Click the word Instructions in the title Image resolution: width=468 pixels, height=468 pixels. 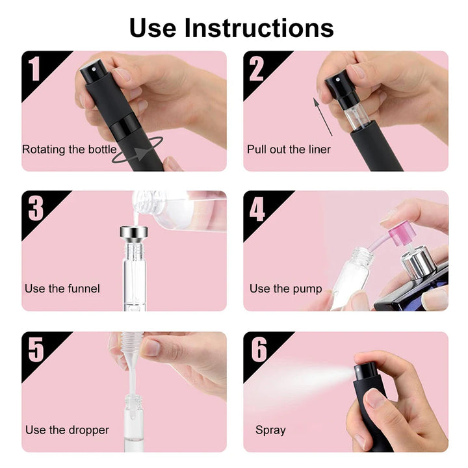coord(259,28)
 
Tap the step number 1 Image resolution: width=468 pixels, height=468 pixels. coord(34,69)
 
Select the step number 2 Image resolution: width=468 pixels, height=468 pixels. coord(257,69)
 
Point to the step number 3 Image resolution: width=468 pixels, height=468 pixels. coord(36,209)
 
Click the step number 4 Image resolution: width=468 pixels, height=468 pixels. coord(257,209)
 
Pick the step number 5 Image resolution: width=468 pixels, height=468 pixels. coord(36,349)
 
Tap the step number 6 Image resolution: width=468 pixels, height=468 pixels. coord(259,349)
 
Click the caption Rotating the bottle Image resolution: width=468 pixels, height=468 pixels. coord(70,149)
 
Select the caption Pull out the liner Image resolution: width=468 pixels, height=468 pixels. coord(289,149)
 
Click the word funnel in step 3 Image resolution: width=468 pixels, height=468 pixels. coord(84,289)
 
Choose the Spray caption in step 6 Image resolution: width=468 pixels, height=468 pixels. coord(270,430)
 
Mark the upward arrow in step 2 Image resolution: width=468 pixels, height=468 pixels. coord(322,116)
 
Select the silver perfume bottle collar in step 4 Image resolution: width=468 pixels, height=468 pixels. coord(416,263)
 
